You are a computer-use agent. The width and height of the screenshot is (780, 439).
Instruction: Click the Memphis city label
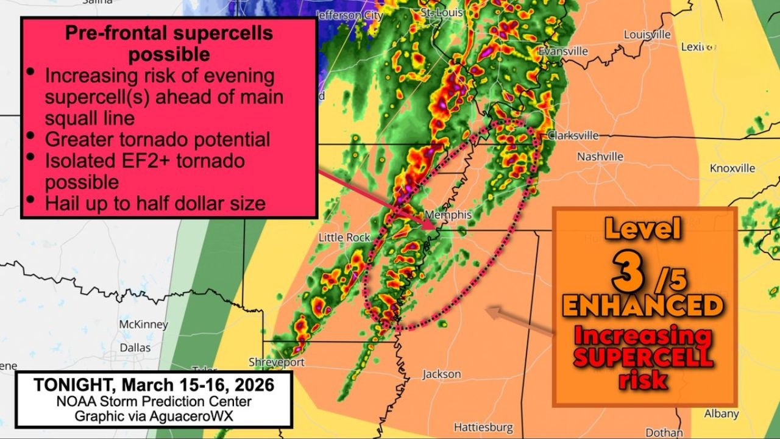click(448, 215)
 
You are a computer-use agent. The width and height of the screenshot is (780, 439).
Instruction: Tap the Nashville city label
click(600, 157)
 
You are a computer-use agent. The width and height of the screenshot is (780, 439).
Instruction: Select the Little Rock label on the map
click(345, 237)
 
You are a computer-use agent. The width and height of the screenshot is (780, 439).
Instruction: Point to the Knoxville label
click(732, 168)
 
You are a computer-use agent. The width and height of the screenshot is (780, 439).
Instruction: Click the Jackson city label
click(441, 374)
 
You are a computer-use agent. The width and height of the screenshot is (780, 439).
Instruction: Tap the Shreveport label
click(276, 362)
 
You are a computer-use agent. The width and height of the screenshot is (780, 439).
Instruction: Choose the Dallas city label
click(135, 347)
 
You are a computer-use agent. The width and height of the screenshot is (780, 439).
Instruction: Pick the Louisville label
click(647, 35)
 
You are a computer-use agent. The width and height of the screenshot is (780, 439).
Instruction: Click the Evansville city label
click(563, 51)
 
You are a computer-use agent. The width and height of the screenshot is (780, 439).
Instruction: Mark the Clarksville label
click(573, 135)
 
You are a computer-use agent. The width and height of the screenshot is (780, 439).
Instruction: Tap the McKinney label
click(143, 324)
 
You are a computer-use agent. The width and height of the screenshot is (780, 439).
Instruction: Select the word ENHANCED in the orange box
click(643, 305)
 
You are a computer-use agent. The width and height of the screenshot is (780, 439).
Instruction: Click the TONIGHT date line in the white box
click(153, 385)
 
